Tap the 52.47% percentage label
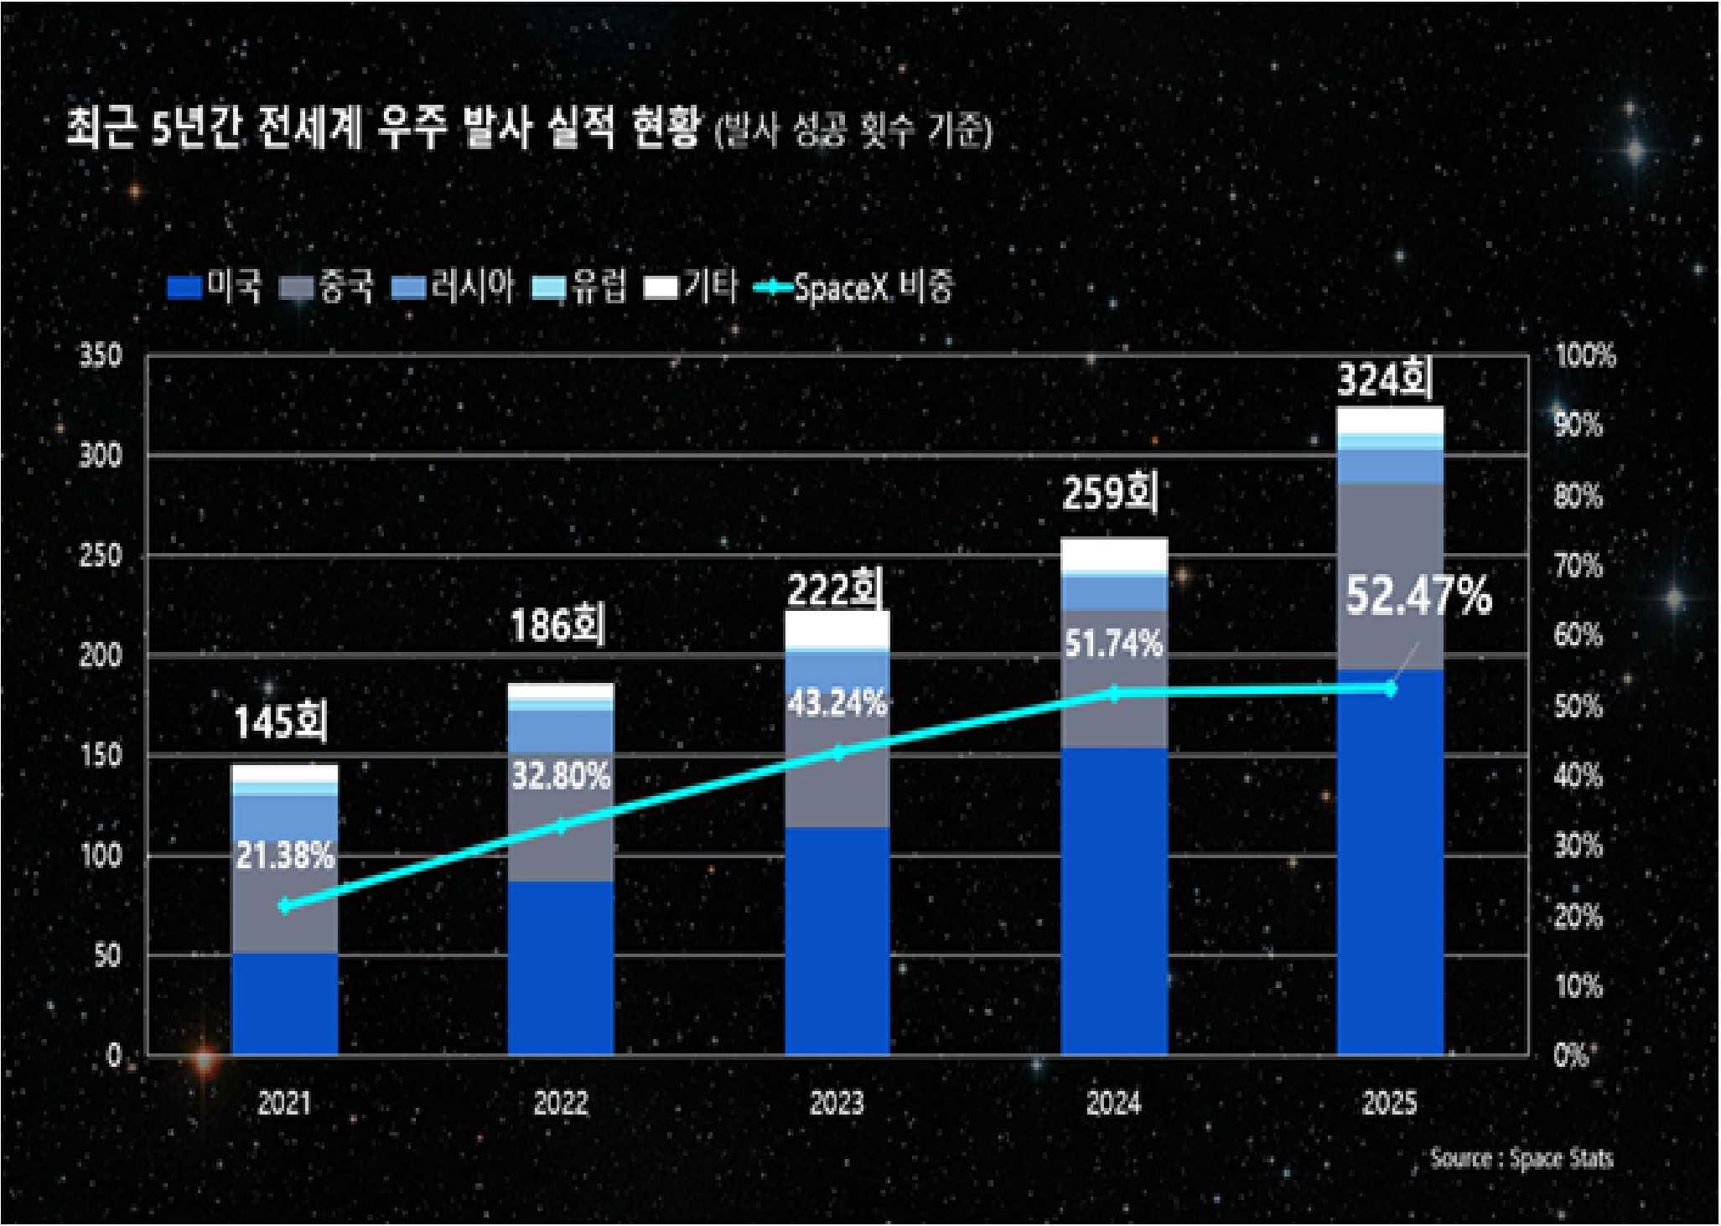click(x=1418, y=597)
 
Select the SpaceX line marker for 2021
click(x=285, y=906)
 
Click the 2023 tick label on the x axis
click(x=837, y=1103)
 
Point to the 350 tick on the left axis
click(x=101, y=356)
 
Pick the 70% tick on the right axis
click(x=1578, y=566)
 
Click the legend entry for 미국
click(x=215, y=287)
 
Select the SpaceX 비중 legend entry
click(x=855, y=287)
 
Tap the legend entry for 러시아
click(x=453, y=287)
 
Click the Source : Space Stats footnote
click(x=1521, y=1159)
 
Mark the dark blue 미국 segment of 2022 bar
click(x=561, y=968)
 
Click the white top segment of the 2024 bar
click(x=1114, y=554)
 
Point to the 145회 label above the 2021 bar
click(x=281, y=722)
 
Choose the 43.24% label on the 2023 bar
click(x=837, y=704)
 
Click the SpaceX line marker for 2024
click(x=1114, y=694)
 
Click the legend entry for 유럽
click(x=580, y=287)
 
